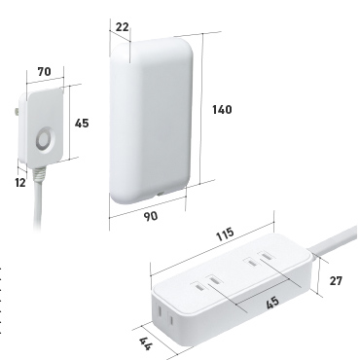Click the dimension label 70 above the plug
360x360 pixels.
pyautogui.click(x=45, y=71)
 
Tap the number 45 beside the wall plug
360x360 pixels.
pyautogui.click(x=82, y=124)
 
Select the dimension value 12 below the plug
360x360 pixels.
pyautogui.click(x=20, y=183)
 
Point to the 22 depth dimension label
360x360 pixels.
pyautogui.click(x=122, y=27)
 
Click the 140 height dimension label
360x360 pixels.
pyautogui.click(x=222, y=110)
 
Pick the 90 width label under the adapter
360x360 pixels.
pyautogui.click(x=151, y=216)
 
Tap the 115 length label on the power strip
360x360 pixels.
pyautogui.click(x=225, y=234)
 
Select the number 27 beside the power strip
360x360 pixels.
pyautogui.click(x=336, y=281)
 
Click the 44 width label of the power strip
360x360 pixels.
pyautogui.click(x=145, y=343)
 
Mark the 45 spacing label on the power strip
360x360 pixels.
pyautogui.click(x=272, y=303)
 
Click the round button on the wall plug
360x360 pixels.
pyautogui.click(x=44, y=140)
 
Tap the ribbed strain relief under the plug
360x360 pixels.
pyautogui.click(x=39, y=174)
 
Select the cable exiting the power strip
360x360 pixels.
pyautogui.click(x=333, y=241)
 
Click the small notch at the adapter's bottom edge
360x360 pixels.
pyautogui.click(x=160, y=195)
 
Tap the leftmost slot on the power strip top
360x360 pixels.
pyautogui.click(x=198, y=287)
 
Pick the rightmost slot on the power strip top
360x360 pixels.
pyautogui.click(x=267, y=257)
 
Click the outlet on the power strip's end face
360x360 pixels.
pyautogui.click(x=165, y=315)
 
